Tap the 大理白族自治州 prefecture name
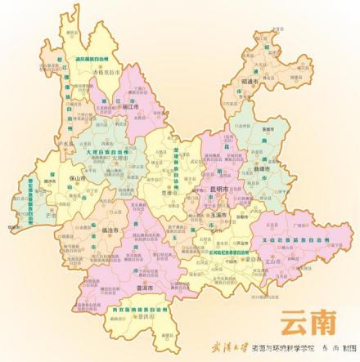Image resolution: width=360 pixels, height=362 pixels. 104,150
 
